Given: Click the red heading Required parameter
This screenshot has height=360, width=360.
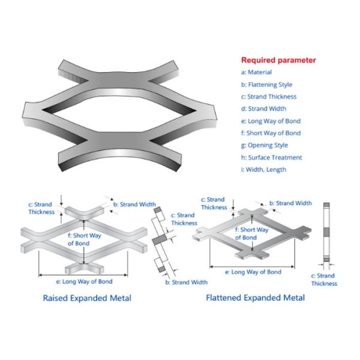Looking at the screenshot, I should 278,60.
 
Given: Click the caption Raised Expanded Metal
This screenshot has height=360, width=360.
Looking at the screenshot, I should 87,298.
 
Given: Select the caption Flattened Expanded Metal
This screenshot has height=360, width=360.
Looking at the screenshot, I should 255,298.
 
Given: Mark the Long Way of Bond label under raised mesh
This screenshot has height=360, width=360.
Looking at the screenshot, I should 83,281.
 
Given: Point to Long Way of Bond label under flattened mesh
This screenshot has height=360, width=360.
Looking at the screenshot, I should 253,272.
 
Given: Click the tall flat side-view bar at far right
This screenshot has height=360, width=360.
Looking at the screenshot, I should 327,234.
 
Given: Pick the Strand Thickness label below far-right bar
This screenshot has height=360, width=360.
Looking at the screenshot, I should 323,280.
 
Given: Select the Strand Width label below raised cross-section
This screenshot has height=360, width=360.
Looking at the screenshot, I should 187,282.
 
